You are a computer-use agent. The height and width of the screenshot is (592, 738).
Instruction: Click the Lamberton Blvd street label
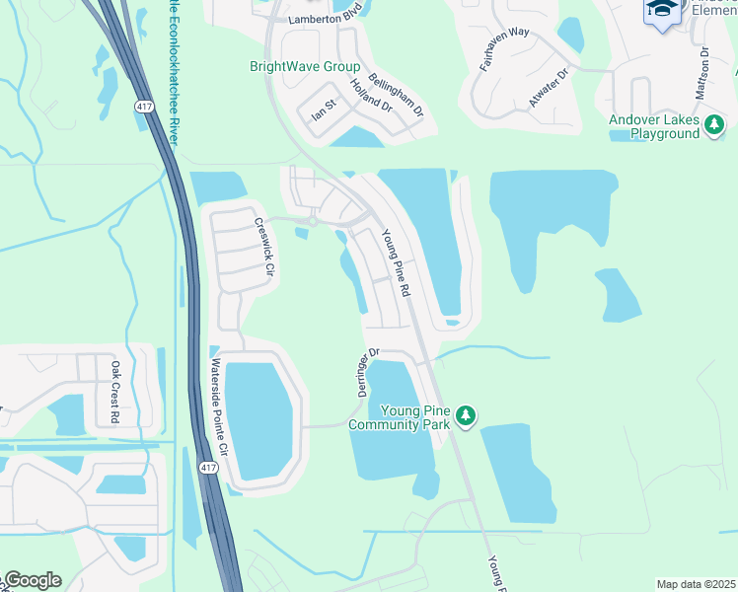tap(327, 20)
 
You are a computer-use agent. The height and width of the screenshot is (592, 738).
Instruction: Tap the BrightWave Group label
tap(304, 66)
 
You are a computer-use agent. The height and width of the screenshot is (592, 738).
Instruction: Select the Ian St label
tap(325, 102)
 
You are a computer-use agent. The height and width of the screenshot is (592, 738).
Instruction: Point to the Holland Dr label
tap(371, 96)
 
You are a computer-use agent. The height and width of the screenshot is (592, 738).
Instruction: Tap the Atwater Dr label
tap(550, 87)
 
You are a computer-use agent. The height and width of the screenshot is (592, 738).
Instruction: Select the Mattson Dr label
tap(701, 72)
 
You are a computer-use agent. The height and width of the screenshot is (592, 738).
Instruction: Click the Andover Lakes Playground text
tap(652, 126)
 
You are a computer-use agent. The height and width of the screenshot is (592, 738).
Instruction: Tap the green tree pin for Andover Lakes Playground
tap(713, 126)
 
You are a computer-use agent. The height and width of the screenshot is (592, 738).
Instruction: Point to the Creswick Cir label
tap(262, 246)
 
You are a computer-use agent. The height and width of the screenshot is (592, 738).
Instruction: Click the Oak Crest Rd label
tap(114, 392)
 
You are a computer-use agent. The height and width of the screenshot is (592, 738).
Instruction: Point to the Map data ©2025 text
tap(695, 584)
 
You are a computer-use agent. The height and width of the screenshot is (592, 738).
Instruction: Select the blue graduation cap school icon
tap(662, 12)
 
